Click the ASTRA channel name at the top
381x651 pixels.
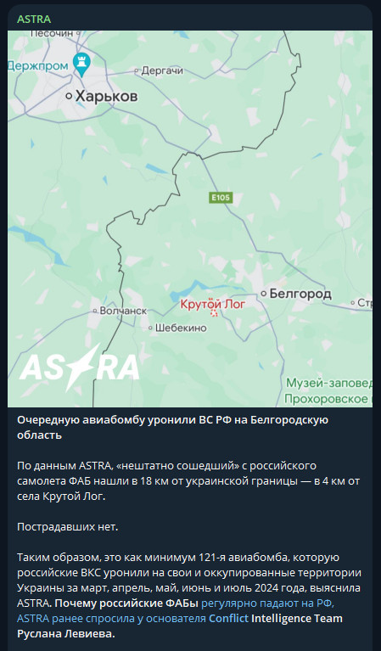click(34, 18)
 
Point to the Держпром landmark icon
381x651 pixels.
click(81, 61)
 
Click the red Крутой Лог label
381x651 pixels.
click(213, 303)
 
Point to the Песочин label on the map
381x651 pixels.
click(53, 33)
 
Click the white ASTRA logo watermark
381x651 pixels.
click(80, 367)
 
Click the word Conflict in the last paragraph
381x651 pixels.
click(228, 618)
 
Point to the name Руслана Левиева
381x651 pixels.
click(65, 633)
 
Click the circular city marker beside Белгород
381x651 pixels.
click(264, 294)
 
